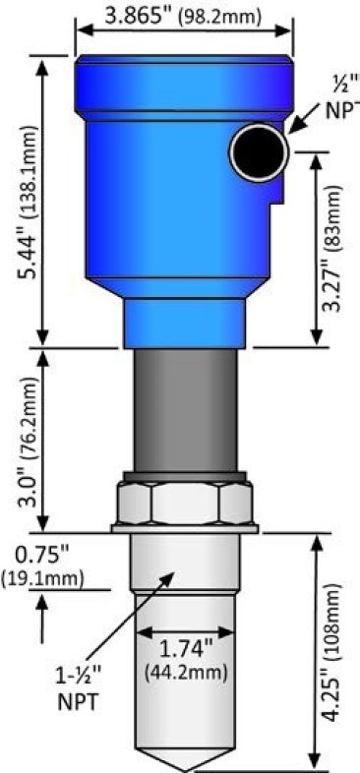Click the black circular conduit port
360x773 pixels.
click(260, 151)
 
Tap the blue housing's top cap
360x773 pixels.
click(184, 75)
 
